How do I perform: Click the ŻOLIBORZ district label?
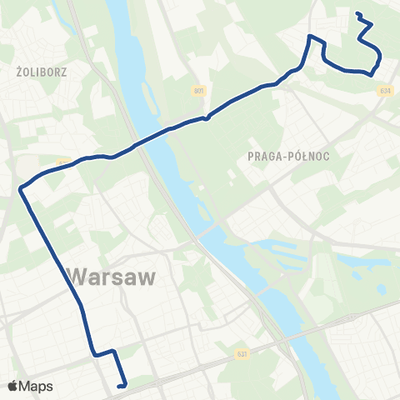[x=41, y=72]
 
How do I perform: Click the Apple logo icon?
[x=13, y=386]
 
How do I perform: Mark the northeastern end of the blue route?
[x=357, y=13]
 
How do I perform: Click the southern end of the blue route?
[x=122, y=386]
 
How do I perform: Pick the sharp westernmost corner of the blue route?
[x=21, y=189]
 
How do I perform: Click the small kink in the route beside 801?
[x=207, y=117]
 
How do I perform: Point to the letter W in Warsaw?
[x=76, y=277]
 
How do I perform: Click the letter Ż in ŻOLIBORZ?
[x=19, y=72]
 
